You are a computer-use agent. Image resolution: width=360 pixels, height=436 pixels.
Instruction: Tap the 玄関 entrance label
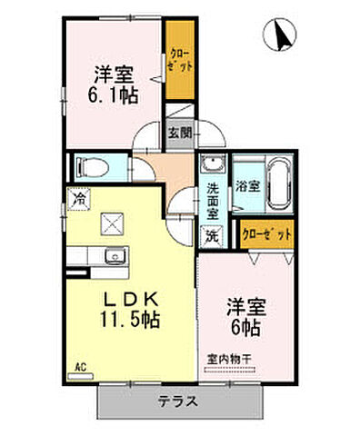[177, 133]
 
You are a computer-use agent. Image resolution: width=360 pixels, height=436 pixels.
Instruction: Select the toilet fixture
[92, 168]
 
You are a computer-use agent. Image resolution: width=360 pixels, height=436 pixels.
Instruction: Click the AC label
[80, 368]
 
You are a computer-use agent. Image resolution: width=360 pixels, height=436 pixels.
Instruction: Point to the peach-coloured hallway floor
[151, 168]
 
